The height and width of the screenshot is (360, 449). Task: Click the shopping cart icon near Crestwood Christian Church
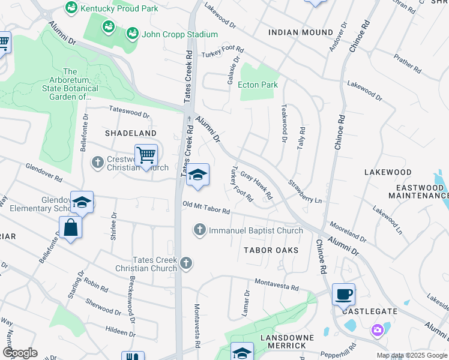click(x=146, y=155)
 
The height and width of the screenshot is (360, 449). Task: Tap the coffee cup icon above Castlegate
click(x=343, y=294)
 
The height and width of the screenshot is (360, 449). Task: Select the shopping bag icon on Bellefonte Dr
click(x=70, y=227)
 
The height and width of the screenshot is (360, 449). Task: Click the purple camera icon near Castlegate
click(x=377, y=329)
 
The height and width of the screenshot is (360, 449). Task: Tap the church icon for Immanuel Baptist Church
click(x=199, y=230)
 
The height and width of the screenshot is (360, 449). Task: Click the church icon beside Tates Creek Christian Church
click(x=187, y=263)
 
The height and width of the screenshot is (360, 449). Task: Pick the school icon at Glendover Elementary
click(x=82, y=202)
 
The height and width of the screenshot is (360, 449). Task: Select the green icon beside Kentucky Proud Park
click(x=71, y=8)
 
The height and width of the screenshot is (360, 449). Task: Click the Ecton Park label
click(x=258, y=85)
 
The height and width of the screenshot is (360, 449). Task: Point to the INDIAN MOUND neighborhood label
click(x=301, y=32)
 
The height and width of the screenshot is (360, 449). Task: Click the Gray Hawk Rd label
click(x=256, y=186)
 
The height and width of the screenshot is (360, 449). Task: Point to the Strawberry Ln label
click(x=305, y=191)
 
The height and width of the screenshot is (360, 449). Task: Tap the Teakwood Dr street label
click(x=283, y=123)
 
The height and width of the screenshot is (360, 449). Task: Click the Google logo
click(x=20, y=353)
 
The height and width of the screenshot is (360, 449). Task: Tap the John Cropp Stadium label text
click(x=171, y=34)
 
